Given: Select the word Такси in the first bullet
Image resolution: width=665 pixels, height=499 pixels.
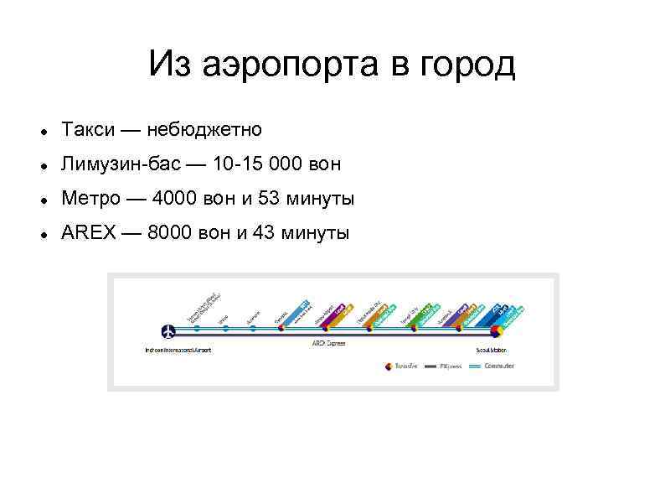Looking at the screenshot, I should [87, 129].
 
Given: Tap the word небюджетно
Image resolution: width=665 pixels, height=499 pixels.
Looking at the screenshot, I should [204, 129].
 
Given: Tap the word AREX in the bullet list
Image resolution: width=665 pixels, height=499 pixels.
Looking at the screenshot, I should [89, 233].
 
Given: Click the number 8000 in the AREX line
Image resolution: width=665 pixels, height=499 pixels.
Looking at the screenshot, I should [170, 233].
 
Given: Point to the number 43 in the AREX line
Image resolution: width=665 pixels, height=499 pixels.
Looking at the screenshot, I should [262, 233].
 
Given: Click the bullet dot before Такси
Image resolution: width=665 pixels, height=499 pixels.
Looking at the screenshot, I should [43, 131].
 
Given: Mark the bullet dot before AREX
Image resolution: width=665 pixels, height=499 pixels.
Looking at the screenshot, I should [43, 235].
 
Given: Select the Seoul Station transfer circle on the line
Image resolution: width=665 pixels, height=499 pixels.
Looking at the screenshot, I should [496, 330].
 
